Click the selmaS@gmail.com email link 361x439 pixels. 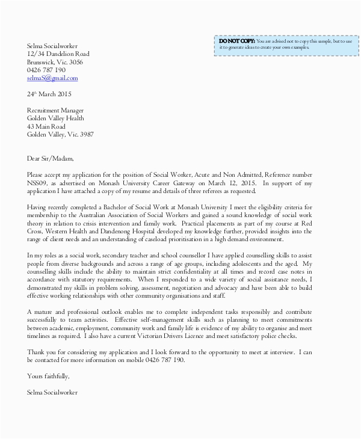[x=52, y=78]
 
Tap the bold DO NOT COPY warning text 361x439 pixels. [x=237, y=40]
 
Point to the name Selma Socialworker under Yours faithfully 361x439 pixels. [x=52, y=392]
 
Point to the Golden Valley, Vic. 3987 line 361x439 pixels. [x=60, y=135]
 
